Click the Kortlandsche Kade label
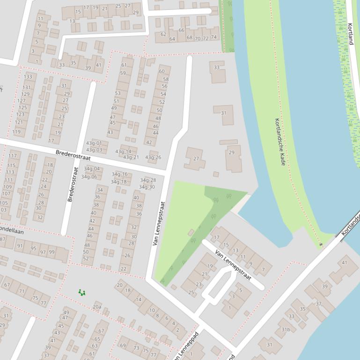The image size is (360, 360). tap(280, 142)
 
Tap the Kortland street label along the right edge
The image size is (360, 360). tap(351, 34)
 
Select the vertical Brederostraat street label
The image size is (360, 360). tap(71, 184)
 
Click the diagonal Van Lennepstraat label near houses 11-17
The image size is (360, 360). tap(233, 265)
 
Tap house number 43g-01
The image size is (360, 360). tap(94, 143)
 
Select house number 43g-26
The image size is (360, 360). tap(153, 158)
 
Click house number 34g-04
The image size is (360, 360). tap(92, 169)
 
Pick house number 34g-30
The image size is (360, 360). tap(147, 187)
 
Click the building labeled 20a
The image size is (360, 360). tap(97, 307)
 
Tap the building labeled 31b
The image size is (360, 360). tap(286, 329)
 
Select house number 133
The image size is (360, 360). tap(28, 77)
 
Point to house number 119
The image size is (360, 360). tap(17, 132)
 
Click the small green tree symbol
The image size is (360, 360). tap(82, 293)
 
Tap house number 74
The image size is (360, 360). tap(213, 37)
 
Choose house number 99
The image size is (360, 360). tap(51, 252)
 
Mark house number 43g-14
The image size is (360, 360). tap(123, 151)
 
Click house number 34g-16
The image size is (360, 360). tap(119, 174)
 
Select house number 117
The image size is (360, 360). tap(12, 156)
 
